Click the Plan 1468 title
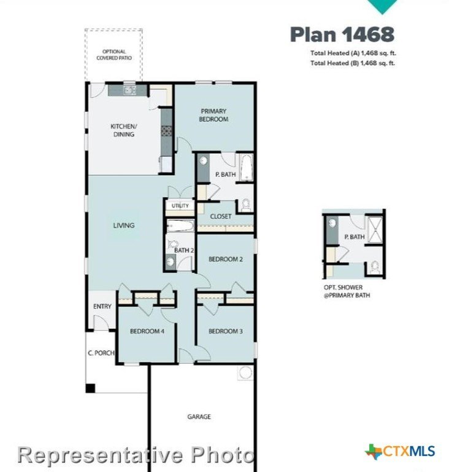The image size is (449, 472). pyautogui.click(x=342, y=34)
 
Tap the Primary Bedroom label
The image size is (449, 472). pyautogui.click(x=213, y=116)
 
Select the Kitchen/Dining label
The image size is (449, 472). pyautogui.click(x=123, y=130)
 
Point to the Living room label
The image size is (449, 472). pyautogui.click(x=124, y=225)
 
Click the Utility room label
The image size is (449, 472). pyautogui.click(x=180, y=206)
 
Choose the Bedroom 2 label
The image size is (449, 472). pyautogui.click(x=225, y=259)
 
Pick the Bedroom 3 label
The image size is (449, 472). pyautogui.click(x=225, y=331)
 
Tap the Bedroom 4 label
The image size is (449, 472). pyautogui.click(x=147, y=331)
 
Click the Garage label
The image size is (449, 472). pyautogui.click(x=199, y=417)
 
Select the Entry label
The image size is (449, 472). pyautogui.click(x=102, y=307)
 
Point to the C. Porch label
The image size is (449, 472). pyautogui.click(x=101, y=353)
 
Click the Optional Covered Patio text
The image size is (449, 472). pyautogui.click(x=114, y=55)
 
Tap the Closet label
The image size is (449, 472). pyautogui.click(x=221, y=216)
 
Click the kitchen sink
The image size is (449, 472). pyautogui.click(x=130, y=90)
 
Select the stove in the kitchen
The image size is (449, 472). pyautogui.click(x=166, y=131)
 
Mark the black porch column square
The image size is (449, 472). pyautogui.click(x=90, y=388)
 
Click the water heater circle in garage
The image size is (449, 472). pyautogui.click(x=245, y=372)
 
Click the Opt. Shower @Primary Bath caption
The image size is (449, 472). pyautogui.click(x=347, y=291)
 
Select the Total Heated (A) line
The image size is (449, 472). pyautogui.click(x=353, y=53)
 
